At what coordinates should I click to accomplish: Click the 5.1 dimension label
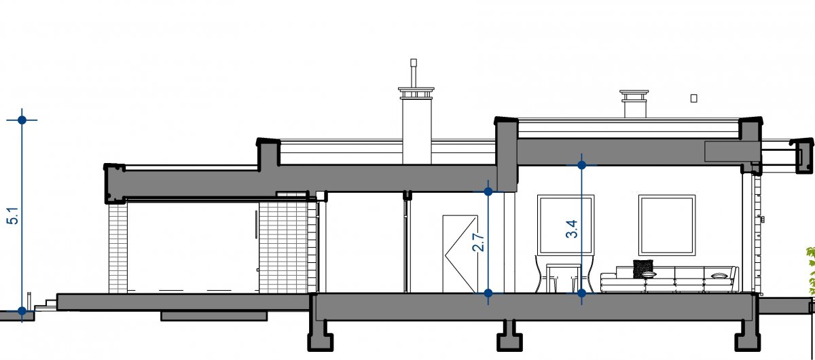[13, 215]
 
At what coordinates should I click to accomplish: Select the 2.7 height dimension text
[478, 242]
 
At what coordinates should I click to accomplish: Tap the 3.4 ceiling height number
[572, 229]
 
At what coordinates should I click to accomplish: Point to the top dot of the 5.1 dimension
[22, 120]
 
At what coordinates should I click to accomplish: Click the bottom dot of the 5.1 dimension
[22, 311]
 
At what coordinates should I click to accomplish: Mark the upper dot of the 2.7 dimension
[488, 192]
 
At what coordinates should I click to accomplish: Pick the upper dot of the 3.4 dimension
[581, 165]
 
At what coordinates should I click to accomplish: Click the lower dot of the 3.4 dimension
[581, 293]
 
